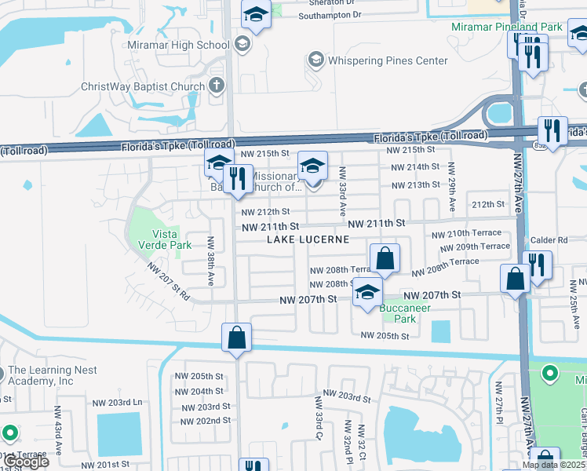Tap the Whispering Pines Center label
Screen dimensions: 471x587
pos(377,60)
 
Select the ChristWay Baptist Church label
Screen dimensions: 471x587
pos(143,86)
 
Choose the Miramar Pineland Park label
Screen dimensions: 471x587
pos(507,27)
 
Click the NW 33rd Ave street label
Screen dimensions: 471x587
pos(342,192)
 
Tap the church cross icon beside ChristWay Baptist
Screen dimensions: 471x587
pos(217,86)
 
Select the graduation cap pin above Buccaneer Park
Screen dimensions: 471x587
pos(366,293)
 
